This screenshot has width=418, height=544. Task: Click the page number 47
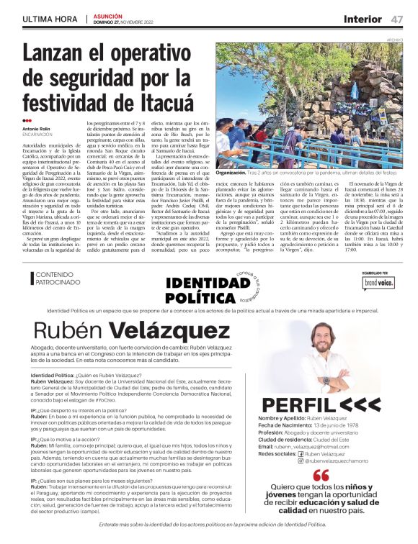[397, 19]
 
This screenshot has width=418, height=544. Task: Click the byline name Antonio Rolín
[37, 129]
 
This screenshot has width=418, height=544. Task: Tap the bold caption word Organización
[231, 174]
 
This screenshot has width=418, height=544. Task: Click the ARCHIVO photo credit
[394, 40]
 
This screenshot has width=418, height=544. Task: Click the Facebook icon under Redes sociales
[301, 453]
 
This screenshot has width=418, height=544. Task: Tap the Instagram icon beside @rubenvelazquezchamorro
[301, 461]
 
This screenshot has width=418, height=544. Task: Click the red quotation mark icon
[321, 476]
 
